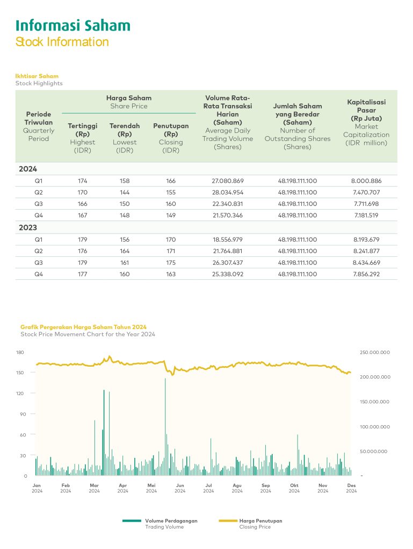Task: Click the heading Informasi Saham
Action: click(73, 25)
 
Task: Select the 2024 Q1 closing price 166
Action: click(171, 181)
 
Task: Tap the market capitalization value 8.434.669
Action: click(367, 263)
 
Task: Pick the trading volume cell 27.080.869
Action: click(228, 181)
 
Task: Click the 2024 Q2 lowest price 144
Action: click(125, 192)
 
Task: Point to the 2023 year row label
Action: click(28, 227)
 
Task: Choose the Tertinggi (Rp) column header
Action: click(82, 130)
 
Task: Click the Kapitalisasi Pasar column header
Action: click(366, 110)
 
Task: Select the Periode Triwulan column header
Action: click(38, 118)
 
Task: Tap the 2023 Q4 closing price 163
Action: click(171, 274)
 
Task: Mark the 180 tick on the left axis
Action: click(20, 352)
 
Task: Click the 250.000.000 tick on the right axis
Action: click(374, 352)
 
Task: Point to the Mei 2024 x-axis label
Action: click(151, 488)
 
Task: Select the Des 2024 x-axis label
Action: click(351, 488)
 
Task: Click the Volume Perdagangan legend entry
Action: click(171, 521)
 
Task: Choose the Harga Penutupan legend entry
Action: click(260, 521)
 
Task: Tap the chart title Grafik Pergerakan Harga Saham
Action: click(83, 327)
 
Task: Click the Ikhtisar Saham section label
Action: click(37, 76)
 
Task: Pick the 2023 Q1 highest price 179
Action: click(82, 240)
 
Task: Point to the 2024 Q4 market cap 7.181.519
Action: click(367, 215)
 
